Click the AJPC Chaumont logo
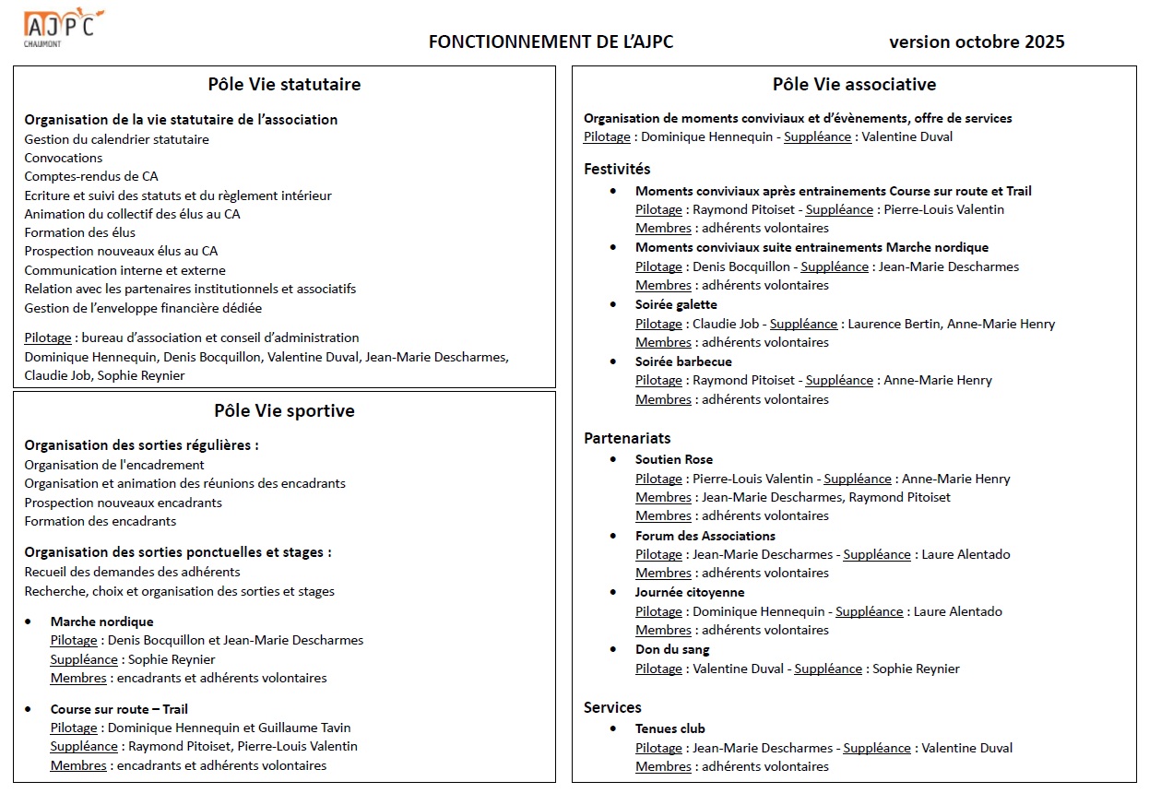(x=63, y=26)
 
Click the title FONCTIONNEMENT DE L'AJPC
(x=551, y=42)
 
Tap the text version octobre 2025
(x=976, y=42)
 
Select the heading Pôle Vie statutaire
(x=284, y=85)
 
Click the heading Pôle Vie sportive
(x=284, y=411)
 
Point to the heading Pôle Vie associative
(x=854, y=85)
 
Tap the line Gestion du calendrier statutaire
(x=116, y=139)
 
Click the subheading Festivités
(x=617, y=169)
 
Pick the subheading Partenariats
(x=627, y=438)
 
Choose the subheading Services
(x=612, y=707)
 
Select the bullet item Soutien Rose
(x=673, y=459)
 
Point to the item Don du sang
(x=672, y=649)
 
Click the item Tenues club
(x=669, y=728)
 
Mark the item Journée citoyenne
(x=690, y=592)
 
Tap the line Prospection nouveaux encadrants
(x=123, y=503)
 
